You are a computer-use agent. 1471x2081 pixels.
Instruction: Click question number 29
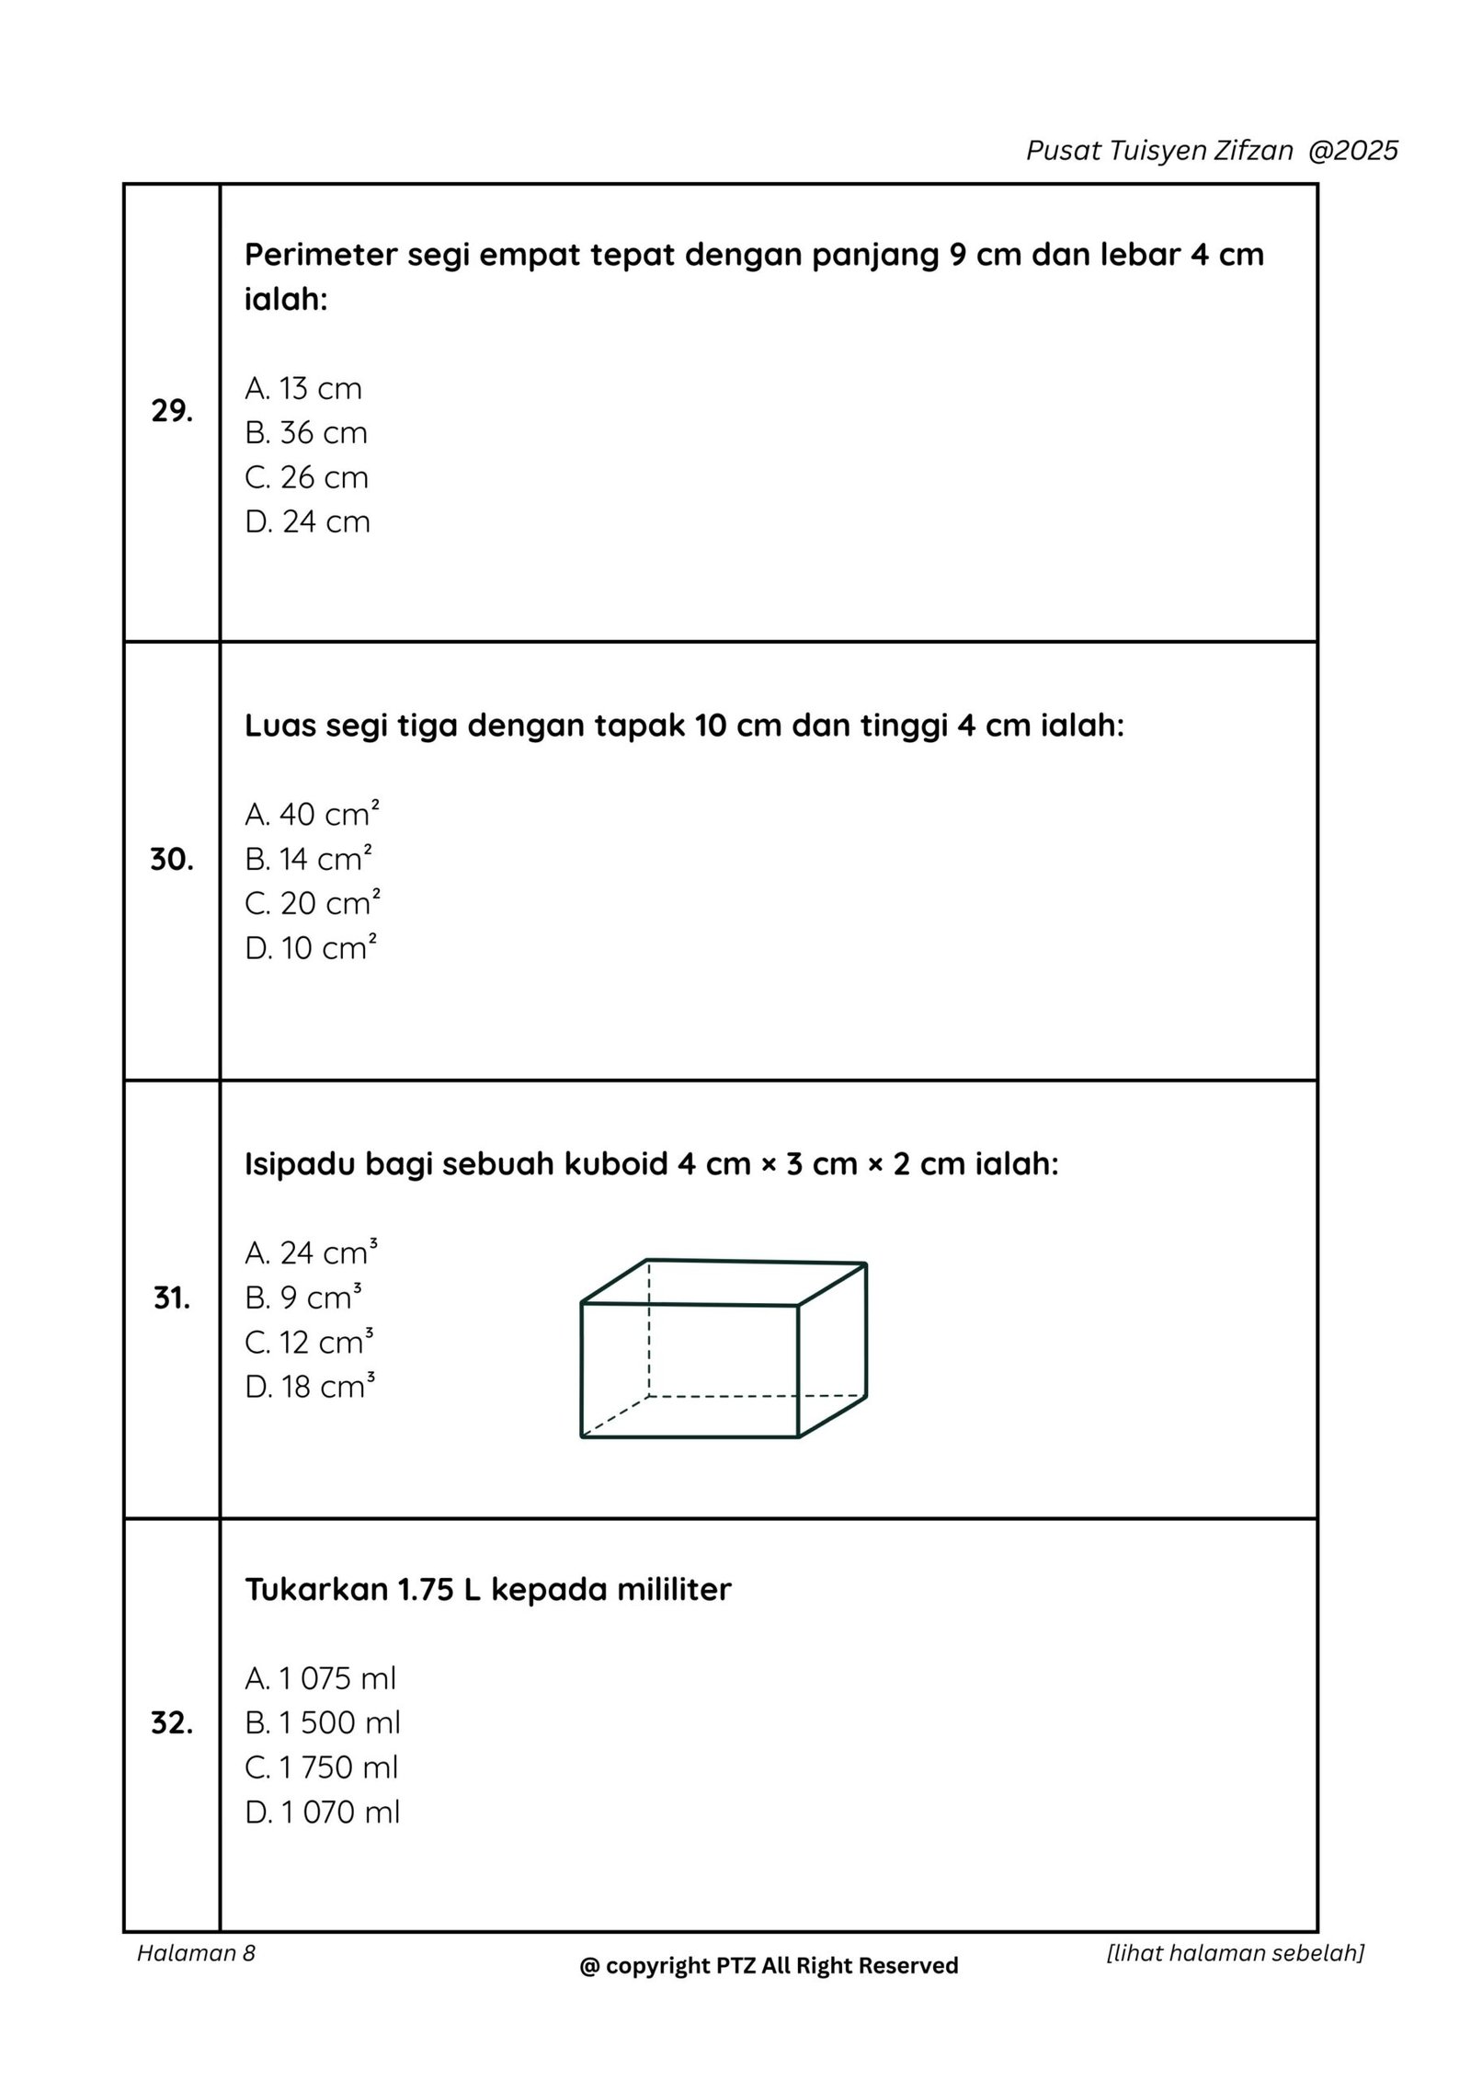pyautogui.click(x=171, y=412)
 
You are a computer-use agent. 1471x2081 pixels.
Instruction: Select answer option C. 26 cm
pyautogui.click(x=306, y=477)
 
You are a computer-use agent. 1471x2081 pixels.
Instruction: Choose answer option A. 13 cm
pyautogui.click(x=303, y=388)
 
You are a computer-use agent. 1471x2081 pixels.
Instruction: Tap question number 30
pyautogui.click(x=171, y=860)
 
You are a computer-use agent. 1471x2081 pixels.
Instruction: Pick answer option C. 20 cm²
pyautogui.click(x=312, y=903)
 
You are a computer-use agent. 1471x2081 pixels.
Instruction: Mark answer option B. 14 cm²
pyautogui.click(x=308, y=859)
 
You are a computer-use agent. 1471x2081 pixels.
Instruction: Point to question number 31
pyautogui.click(x=171, y=1298)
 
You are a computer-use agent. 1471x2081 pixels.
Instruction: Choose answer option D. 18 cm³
pyautogui.click(x=310, y=1387)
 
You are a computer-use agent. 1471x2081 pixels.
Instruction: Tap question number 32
pyautogui.click(x=171, y=1724)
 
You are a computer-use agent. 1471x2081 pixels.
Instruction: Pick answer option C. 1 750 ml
pyautogui.click(x=321, y=1767)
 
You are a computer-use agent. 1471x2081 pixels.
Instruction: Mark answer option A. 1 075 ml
pyautogui.click(x=320, y=1678)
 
